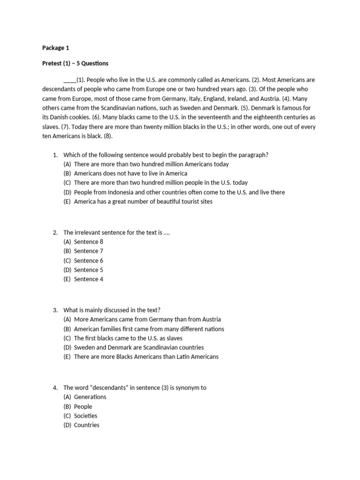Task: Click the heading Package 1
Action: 56,48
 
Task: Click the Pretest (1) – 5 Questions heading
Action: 75,63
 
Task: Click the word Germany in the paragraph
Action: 178,98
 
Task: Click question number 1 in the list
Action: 55,155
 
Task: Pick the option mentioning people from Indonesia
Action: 179,192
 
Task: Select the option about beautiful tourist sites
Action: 143,202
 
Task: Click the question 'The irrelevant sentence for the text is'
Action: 116,232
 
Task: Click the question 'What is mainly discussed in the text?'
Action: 112,310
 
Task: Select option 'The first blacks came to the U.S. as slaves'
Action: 128,338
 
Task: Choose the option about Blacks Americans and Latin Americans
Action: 146,357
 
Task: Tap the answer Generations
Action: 90,397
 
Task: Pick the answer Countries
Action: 87,425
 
